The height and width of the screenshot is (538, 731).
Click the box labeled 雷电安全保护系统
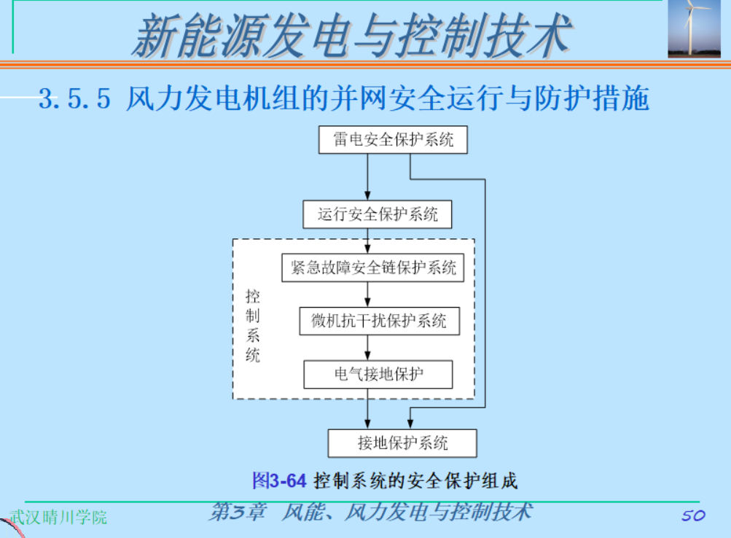tap(393, 140)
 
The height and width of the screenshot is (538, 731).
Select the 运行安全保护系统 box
tap(378, 215)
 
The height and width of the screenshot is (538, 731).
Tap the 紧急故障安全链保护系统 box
tap(372, 268)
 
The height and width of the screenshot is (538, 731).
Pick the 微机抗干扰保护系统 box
tap(379, 321)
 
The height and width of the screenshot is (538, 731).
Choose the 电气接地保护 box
tap(378, 375)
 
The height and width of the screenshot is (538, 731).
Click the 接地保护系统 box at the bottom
tap(402, 443)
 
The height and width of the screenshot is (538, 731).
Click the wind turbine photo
tap(694, 28)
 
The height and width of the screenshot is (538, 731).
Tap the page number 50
tap(693, 515)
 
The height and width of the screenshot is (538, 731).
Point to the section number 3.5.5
tap(74, 98)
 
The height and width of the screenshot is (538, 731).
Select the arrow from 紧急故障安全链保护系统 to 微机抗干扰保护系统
tap(368, 294)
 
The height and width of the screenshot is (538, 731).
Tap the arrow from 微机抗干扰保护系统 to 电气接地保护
tap(368, 348)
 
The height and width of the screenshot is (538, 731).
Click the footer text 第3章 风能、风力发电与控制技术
tap(370, 512)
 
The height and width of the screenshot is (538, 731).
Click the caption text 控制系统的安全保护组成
tap(415, 481)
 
